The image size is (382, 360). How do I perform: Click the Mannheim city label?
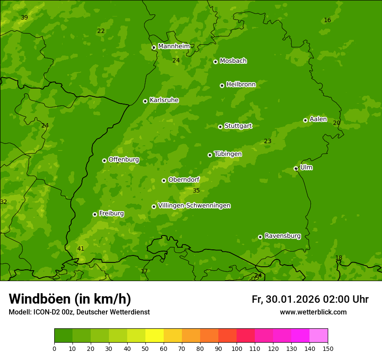174,46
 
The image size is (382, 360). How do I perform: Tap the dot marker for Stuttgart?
220,127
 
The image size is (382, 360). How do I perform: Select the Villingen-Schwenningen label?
194,206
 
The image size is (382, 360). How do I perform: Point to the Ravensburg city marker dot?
260,237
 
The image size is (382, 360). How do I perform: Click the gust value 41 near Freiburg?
81,249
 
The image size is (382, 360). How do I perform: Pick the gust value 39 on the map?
24,18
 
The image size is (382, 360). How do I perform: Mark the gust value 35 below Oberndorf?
196,191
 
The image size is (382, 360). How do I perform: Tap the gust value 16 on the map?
327,20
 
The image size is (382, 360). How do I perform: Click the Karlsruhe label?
164,100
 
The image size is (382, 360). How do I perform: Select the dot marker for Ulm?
296,168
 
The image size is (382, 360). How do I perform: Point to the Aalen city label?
318,119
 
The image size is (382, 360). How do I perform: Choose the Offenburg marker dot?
104,160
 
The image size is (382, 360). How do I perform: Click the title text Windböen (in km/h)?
70,299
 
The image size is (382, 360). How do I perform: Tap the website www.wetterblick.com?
313,312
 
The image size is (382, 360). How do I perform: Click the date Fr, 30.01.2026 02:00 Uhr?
310,299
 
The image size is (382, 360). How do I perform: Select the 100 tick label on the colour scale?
237,348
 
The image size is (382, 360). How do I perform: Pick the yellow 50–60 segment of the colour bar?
155,336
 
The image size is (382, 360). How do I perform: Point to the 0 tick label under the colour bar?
54,348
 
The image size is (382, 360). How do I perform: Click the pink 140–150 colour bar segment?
319,336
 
